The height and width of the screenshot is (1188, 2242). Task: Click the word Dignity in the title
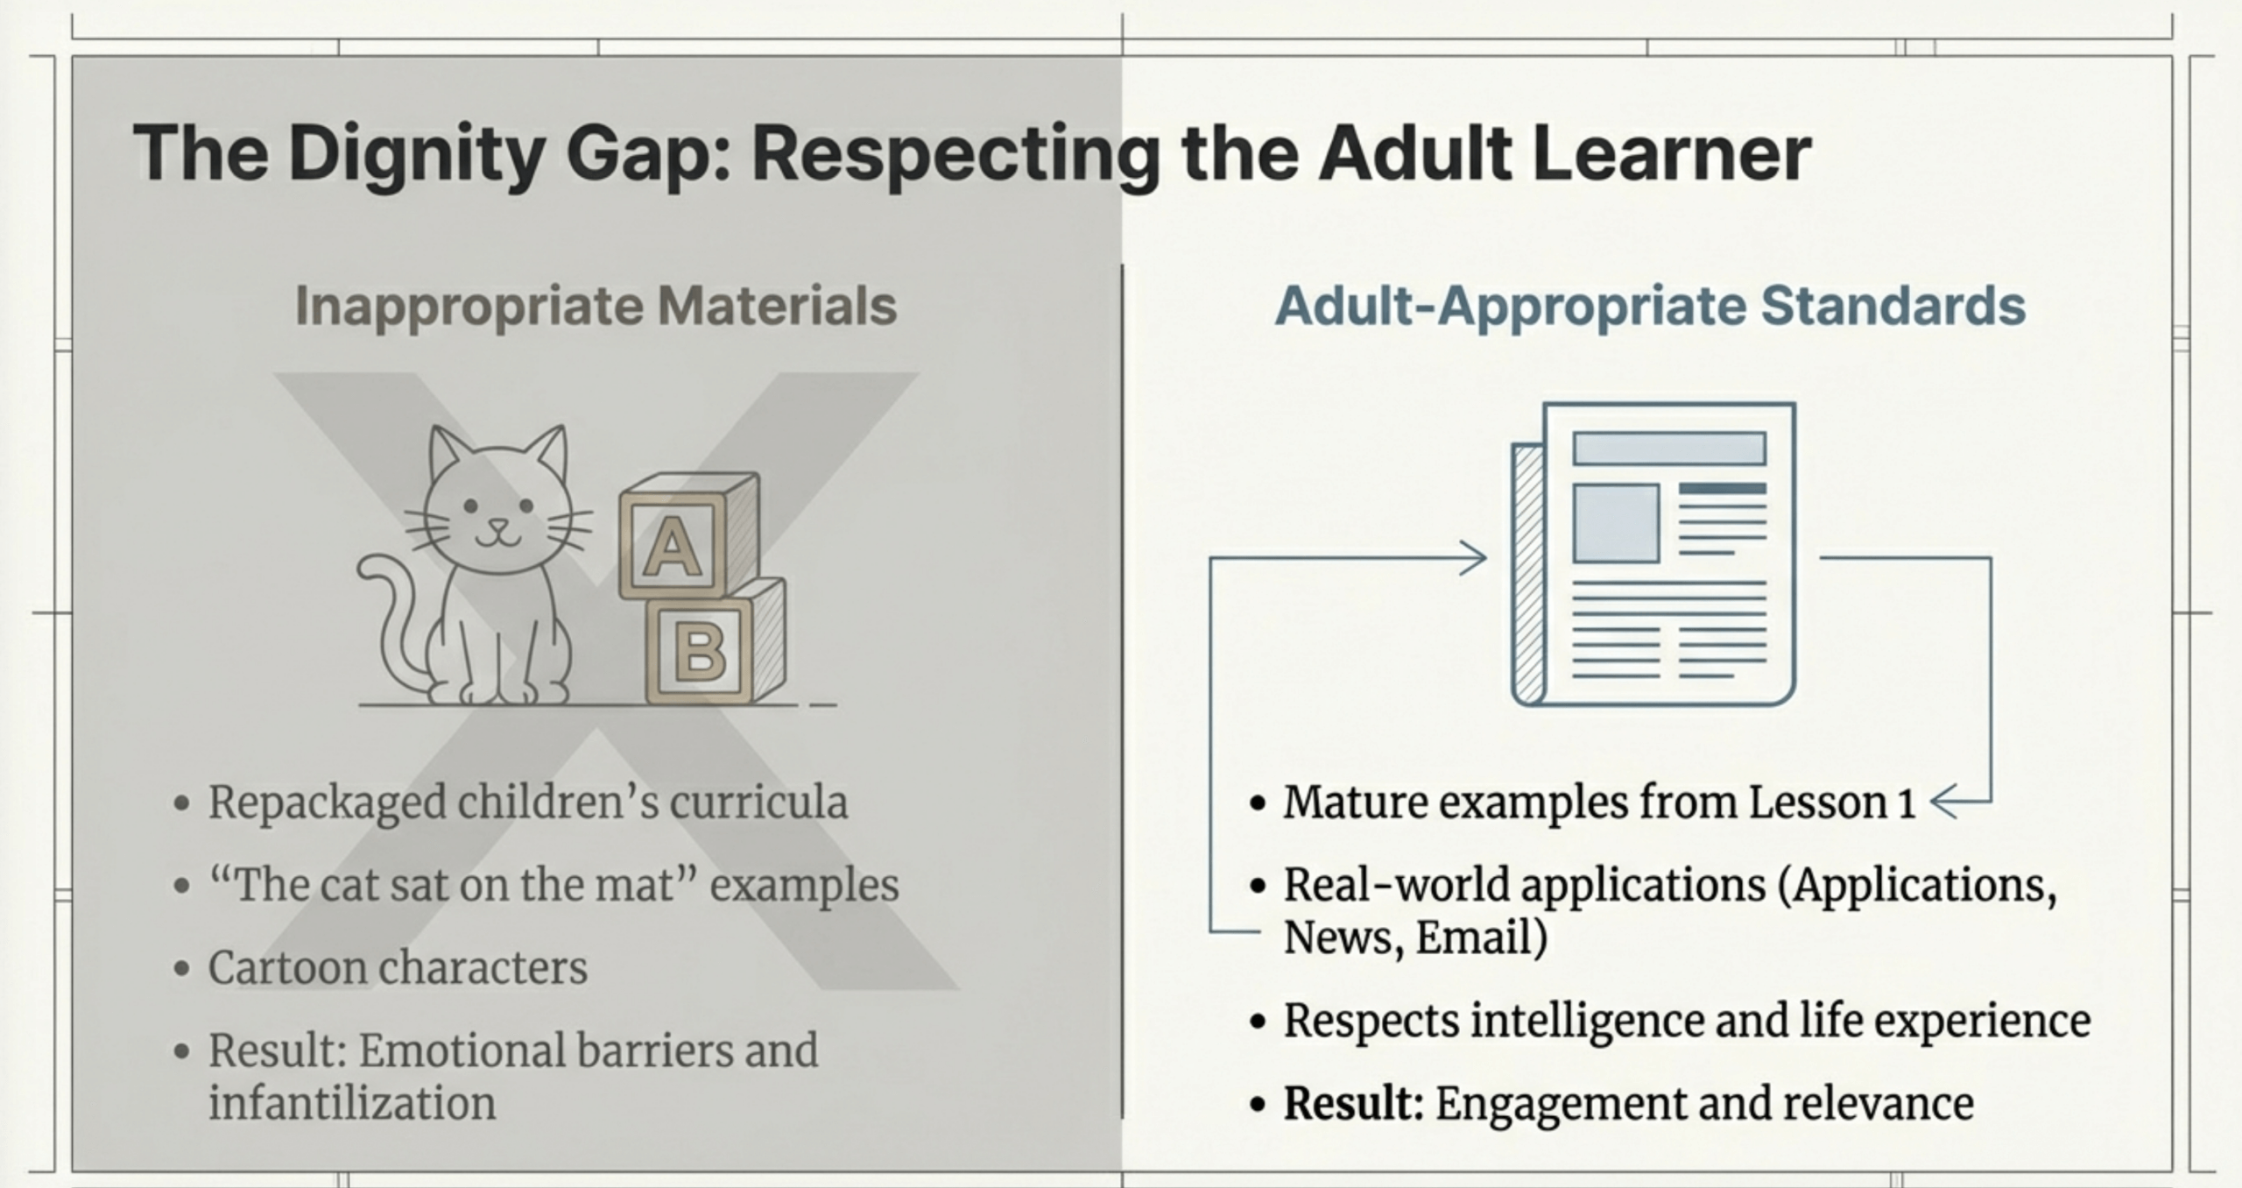click(418, 155)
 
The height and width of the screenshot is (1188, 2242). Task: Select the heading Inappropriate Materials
click(596, 306)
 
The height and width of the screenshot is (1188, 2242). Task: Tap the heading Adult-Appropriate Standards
click(1650, 306)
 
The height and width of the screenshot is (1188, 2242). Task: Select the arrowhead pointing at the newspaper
click(1473, 558)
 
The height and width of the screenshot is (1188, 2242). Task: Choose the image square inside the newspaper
click(1616, 523)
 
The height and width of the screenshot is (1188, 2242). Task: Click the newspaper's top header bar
click(1669, 448)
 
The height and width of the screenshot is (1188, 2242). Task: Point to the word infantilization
click(352, 1103)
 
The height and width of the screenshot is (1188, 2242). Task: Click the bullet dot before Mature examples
click(1258, 803)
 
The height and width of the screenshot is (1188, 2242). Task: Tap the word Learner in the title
click(1672, 155)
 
